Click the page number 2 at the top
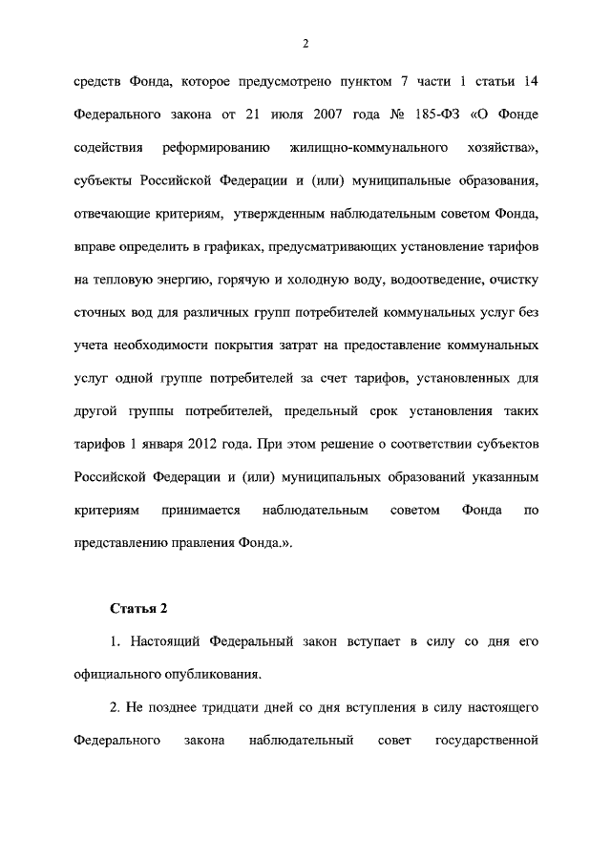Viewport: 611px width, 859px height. (x=305, y=43)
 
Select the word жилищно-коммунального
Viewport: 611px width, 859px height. (x=369, y=149)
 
